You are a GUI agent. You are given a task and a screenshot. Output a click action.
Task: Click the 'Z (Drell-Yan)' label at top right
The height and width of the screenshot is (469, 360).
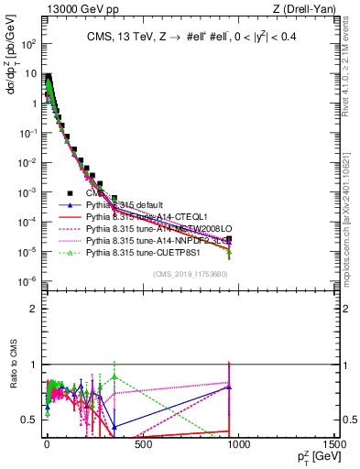309,8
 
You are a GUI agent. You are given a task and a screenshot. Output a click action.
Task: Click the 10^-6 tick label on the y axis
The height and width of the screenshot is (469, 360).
27,281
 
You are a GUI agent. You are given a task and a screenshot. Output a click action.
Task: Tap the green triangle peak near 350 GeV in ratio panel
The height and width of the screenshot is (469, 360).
114,376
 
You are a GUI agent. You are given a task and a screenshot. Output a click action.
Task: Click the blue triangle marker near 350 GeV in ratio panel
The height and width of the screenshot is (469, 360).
114,427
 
